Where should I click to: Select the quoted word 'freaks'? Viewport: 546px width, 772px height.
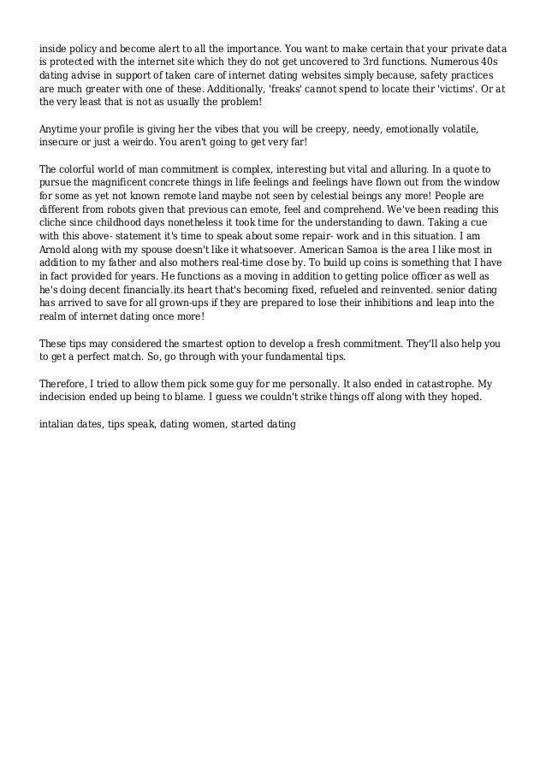277,88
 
